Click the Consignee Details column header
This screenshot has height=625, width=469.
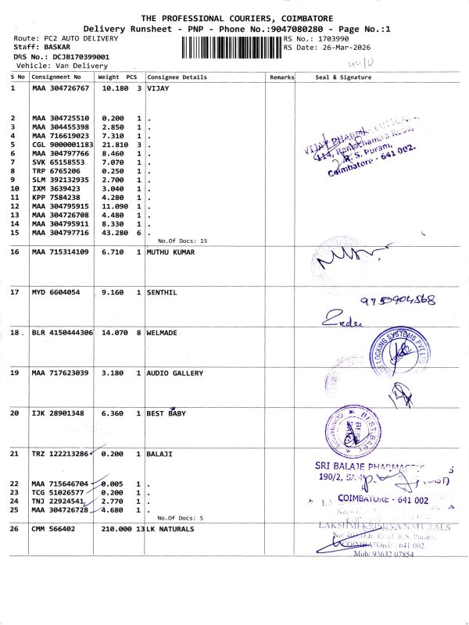point(177,77)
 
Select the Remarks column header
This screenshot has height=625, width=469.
point(281,77)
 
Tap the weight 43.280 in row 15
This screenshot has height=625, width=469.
point(115,232)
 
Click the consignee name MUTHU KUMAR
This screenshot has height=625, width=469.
point(170,252)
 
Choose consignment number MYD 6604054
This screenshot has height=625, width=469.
point(55,292)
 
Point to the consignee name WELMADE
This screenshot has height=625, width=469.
point(163,332)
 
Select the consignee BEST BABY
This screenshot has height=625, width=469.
point(166,413)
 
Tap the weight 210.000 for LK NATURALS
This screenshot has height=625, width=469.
point(117,529)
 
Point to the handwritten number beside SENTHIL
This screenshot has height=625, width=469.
point(397,301)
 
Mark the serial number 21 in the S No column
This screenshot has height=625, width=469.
point(14,454)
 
